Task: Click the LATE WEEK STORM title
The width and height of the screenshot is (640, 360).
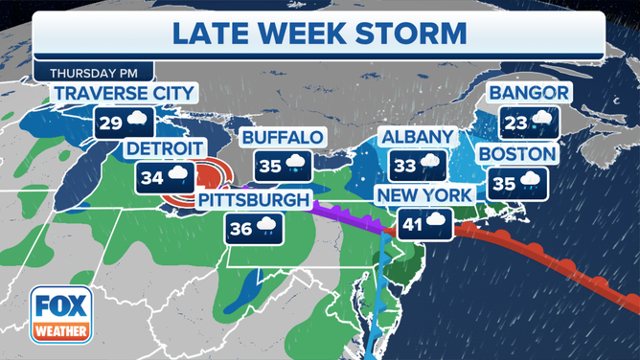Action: [x=319, y=33]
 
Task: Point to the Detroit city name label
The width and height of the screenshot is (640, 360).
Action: [x=165, y=148]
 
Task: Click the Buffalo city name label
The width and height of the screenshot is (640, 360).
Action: [x=282, y=137]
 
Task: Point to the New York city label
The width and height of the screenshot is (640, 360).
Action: [x=424, y=195]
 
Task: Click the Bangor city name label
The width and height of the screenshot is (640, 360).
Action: [x=530, y=94]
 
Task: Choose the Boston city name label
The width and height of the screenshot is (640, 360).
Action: [x=516, y=154]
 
